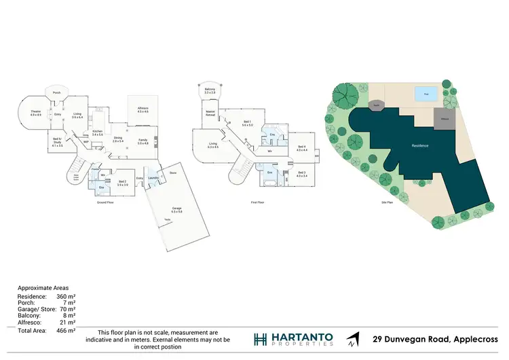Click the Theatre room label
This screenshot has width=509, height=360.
click(35, 114)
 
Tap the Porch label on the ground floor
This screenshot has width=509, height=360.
click(57, 92)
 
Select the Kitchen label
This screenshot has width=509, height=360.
click(97, 133)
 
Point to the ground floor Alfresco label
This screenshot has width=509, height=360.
click(143, 109)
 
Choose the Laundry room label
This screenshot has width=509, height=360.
click(153, 179)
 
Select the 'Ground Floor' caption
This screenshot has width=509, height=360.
click(105, 202)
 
